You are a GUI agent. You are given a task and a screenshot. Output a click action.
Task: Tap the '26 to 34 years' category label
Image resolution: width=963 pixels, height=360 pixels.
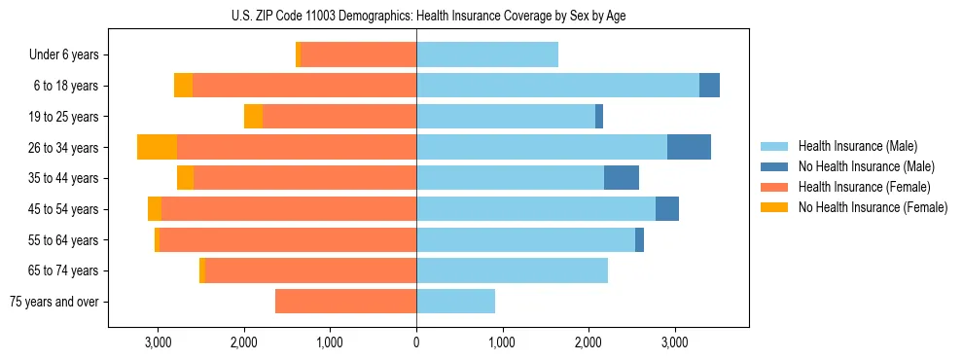click(62, 148)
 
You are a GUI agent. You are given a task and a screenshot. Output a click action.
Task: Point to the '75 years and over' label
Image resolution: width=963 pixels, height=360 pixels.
click(54, 302)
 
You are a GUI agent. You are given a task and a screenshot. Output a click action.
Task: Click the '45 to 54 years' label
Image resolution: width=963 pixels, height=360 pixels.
click(62, 209)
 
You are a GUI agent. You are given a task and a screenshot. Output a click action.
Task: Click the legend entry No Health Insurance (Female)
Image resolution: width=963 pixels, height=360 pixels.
click(873, 207)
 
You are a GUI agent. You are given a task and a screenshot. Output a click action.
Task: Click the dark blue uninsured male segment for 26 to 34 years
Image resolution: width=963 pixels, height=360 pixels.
click(689, 147)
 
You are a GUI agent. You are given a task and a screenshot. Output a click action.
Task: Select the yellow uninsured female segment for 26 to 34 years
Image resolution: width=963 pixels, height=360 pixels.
click(157, 147)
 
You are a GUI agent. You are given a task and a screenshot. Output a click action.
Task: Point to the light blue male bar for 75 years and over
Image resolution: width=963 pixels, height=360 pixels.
click(455, 302)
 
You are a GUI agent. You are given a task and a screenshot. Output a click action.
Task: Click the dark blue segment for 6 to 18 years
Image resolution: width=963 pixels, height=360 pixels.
click(709, 86)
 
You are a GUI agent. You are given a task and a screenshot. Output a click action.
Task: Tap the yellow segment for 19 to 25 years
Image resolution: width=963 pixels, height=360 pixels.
click(253, 117)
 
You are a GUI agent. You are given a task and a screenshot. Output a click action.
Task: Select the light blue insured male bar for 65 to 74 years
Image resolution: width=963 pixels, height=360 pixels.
click(512, 270)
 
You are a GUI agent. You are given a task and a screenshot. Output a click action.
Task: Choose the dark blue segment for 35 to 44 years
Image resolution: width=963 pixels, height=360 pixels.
click(622, 178)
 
